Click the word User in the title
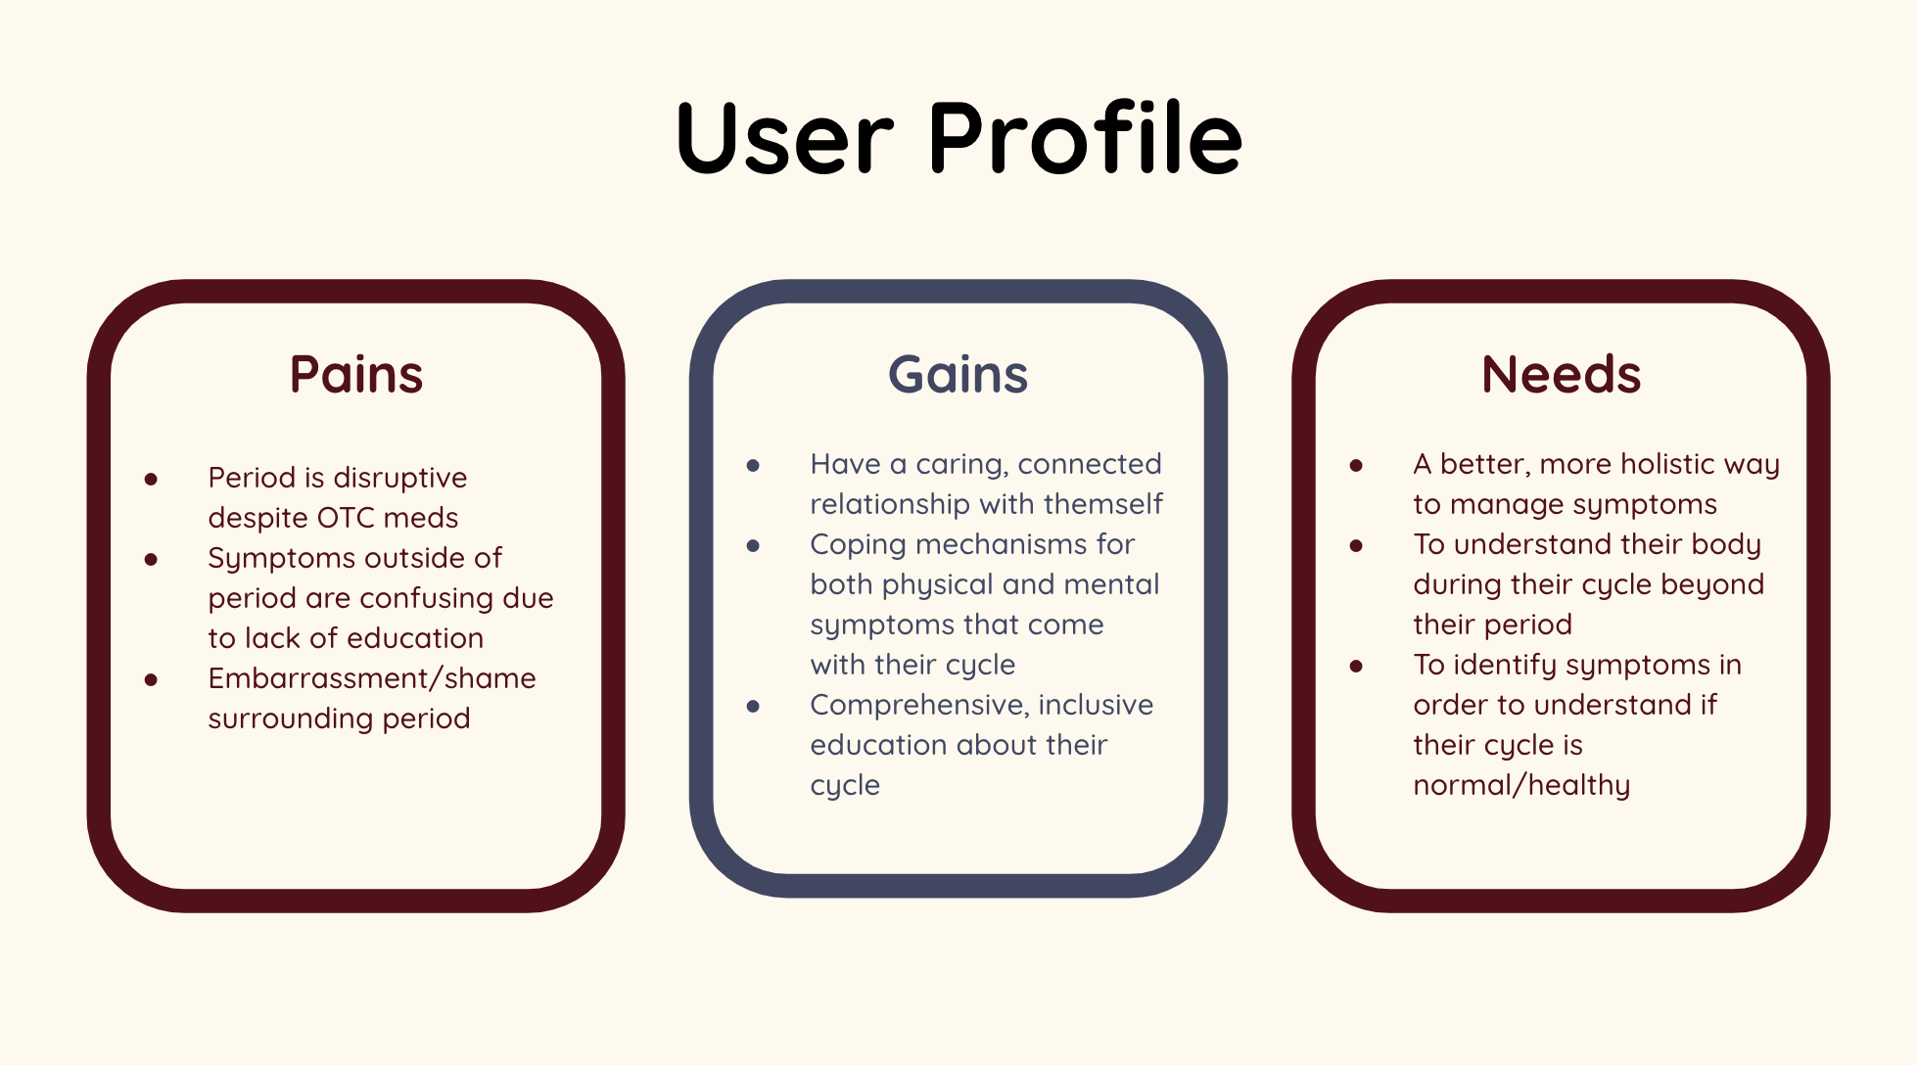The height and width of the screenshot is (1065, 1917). click(784, 138)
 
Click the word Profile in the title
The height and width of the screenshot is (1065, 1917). click(1085, 138)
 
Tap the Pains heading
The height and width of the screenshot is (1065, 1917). click(356, 375)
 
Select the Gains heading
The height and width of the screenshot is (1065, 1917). click(958, 375)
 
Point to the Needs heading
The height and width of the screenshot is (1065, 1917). click(1561, 375)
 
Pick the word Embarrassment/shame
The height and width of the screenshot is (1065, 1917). click(372, 678)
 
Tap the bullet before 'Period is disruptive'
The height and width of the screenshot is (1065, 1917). click(151, 479)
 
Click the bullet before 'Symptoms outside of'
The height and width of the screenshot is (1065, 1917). click(151, 559)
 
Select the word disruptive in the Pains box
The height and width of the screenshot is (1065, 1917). click(399, 479)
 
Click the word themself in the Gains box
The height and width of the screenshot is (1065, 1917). click(1103, 504)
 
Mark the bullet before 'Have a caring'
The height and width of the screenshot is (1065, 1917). click(753, 465)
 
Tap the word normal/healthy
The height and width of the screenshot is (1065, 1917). click(1521, 785)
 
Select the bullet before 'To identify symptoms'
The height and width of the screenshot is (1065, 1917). click(1356, 666)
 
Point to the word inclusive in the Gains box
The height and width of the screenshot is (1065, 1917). click(1096, 705)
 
